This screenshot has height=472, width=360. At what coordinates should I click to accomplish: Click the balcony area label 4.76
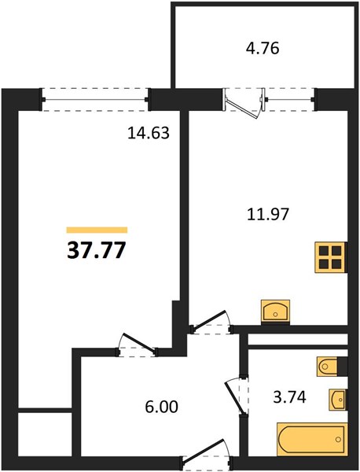pyautogui.click(x=263, y=49)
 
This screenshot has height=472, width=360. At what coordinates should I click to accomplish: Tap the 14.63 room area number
pyautogui.click(x=149, y=133)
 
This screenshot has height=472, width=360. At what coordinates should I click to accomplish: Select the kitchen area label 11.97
pyautogui.click(x=268, y=214)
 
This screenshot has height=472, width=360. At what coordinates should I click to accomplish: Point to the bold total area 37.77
pyautogui.click(x=96, y=250)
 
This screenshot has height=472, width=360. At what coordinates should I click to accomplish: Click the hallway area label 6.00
pyautogui.click(x=161, y=407)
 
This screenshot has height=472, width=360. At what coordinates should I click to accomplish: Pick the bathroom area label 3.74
pyautogui.click(x=289, y=397)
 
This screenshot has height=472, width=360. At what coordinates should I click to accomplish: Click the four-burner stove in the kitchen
pyautogui.click(x=331, y=258)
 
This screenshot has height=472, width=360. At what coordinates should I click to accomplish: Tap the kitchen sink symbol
pyautogui.click(x=275, y=312)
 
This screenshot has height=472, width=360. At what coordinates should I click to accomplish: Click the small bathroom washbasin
pyautogui.click(x=338, y=400)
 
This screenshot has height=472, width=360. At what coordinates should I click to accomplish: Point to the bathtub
pyautogui.click(x=312, y=439)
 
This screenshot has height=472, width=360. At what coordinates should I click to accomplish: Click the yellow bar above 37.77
pyautogui.click(x=97, y=230)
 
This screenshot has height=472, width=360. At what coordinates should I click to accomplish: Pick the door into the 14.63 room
pyautogui.click(x=138, y=345)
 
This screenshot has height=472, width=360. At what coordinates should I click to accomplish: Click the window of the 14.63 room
pyautogui.click(x=95, y=100)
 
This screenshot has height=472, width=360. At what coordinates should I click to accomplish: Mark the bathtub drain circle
pyautogui.click(x=339, y=439)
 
